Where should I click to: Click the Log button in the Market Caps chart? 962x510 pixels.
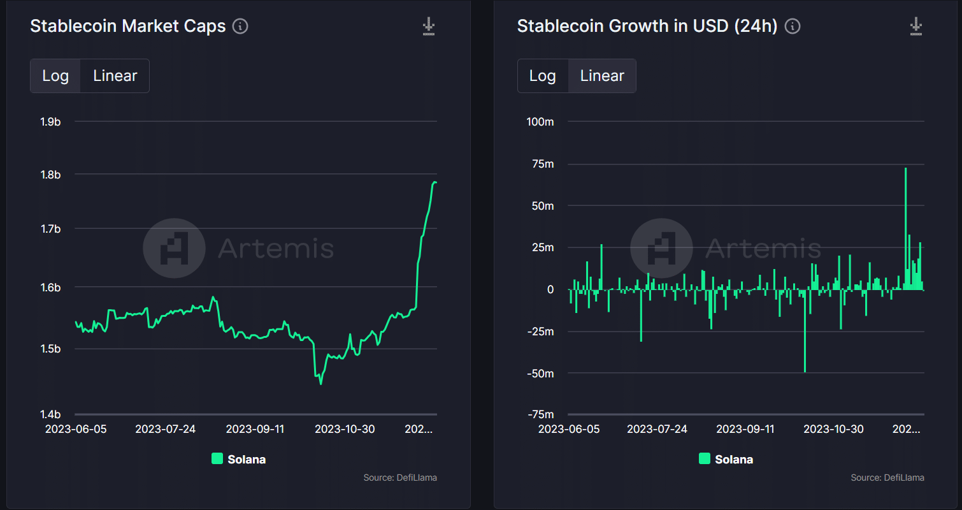[x=55, y=76]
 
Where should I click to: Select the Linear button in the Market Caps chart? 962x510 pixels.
[x=115, y=76]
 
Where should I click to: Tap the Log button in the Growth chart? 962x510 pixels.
[x=543, y=76]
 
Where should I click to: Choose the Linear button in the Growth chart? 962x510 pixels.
[x=602, y=76]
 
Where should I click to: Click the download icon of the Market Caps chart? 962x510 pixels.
[x=429, y=26]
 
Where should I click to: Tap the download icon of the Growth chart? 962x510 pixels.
[x=916, y=26]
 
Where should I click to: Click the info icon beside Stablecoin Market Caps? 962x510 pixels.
[x=240, y=26]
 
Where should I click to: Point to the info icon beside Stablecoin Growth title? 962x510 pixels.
[x=793, y=26]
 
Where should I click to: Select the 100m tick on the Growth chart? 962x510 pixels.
[x=540, y=122]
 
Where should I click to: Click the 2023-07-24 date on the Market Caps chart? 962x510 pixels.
[x=165, y=429]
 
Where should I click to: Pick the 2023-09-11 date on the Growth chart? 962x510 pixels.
[x=745, y=429]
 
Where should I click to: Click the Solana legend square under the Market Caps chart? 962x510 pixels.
[x=217, y=458]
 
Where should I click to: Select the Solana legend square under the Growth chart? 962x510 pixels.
[x=705, y=458]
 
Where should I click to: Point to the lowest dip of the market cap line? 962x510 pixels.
[x=320, y=384]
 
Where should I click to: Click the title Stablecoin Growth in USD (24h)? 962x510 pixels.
[x=647, y=26]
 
